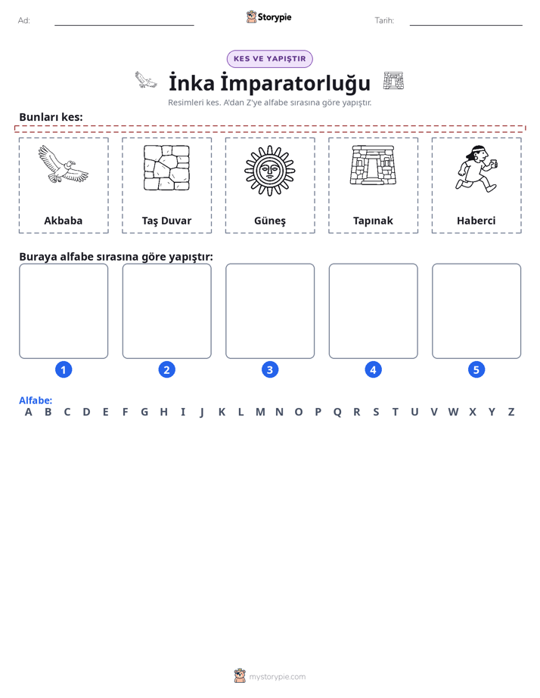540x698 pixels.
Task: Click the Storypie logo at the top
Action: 268,17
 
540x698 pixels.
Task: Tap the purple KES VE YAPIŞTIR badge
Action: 269,59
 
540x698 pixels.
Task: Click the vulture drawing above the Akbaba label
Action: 64,164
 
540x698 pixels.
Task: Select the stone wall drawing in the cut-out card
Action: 166,168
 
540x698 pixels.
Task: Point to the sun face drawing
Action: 270,171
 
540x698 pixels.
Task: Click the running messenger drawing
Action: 476,168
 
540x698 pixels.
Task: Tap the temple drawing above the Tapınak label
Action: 373,165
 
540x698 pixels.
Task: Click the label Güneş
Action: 270,221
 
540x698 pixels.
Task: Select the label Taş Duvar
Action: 166,221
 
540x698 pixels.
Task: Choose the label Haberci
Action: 476,221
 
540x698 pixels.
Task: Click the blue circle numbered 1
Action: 64,369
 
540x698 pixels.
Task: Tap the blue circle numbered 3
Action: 270,369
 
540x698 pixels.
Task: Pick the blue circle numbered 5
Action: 476,369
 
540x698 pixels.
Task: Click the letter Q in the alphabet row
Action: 337,412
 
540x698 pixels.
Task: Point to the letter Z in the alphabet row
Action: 511,412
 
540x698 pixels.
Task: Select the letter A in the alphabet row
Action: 29,412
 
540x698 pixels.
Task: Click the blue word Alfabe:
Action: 36,400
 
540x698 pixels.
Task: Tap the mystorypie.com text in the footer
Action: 277,677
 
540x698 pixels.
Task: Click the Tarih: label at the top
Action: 384,20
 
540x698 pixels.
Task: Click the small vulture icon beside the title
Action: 146,79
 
